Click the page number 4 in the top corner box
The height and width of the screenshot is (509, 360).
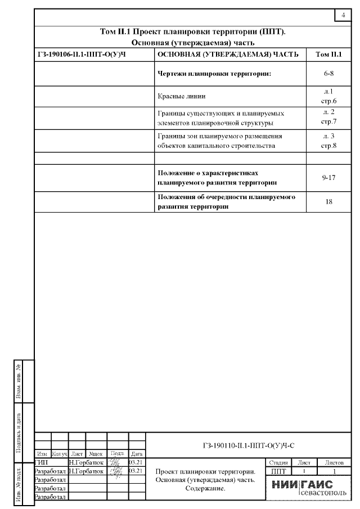343,15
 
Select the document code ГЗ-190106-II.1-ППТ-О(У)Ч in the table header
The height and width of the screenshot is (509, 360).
80,55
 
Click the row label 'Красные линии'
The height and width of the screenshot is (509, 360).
177,96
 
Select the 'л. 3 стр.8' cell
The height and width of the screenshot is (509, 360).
329,141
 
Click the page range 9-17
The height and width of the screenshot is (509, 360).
329,178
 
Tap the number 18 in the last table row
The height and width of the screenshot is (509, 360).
329,201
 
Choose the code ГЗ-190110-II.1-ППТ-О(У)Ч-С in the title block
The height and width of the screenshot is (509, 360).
248,445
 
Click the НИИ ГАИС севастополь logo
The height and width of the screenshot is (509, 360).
307,488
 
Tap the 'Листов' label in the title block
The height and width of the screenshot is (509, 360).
334,462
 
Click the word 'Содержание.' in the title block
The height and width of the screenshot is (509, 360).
205,489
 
